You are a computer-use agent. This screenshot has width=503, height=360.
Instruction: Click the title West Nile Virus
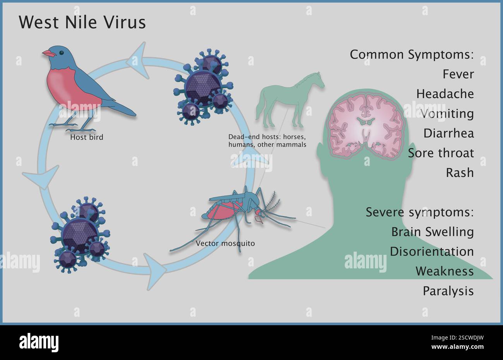pos(82,22)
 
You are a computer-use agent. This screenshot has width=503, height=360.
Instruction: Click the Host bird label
pos(87,137)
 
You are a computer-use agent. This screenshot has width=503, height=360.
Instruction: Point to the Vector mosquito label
pos(225,244)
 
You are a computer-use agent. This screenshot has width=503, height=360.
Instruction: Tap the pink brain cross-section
pos(366,124)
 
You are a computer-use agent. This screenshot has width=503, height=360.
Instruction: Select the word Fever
pos(458,74)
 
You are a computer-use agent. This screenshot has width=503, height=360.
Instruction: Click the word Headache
pos(445,94)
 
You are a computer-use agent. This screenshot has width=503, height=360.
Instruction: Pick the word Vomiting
pos(447,114)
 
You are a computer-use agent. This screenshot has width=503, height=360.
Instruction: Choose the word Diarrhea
pos(448,133)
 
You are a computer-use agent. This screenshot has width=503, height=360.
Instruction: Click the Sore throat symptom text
pos(441,153)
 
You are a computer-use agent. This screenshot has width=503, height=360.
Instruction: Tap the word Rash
pos(460,172)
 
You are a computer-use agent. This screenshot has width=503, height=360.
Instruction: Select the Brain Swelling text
pos(432,232)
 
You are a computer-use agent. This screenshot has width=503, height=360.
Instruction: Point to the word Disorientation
pos(431,251)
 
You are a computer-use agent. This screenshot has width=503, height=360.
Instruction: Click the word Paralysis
pos(448,291)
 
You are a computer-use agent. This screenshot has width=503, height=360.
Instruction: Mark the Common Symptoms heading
pos(412,55)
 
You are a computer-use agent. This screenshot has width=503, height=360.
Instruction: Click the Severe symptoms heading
pos(420,212)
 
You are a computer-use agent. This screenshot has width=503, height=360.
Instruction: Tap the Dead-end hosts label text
pos(267,141)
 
